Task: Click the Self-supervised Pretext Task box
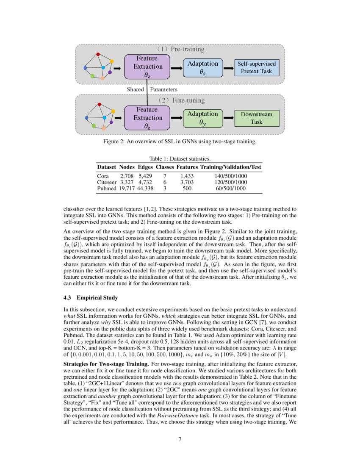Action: pos(257,67)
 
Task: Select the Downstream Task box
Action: pos(257,118)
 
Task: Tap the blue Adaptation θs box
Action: pos(202,68)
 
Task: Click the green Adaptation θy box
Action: pos(202,118)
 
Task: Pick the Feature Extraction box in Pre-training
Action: pos(147,67)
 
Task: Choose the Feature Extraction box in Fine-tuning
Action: pos(147,118)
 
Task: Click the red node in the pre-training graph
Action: pos(98,55)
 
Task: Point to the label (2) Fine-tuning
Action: pos(180,101)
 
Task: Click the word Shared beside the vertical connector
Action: pos(136,90)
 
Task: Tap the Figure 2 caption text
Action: pos(180,141)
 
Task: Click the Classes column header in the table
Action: pos(165,167)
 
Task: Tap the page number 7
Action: pos(180,439)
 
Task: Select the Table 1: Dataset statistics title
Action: pos(180,158)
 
